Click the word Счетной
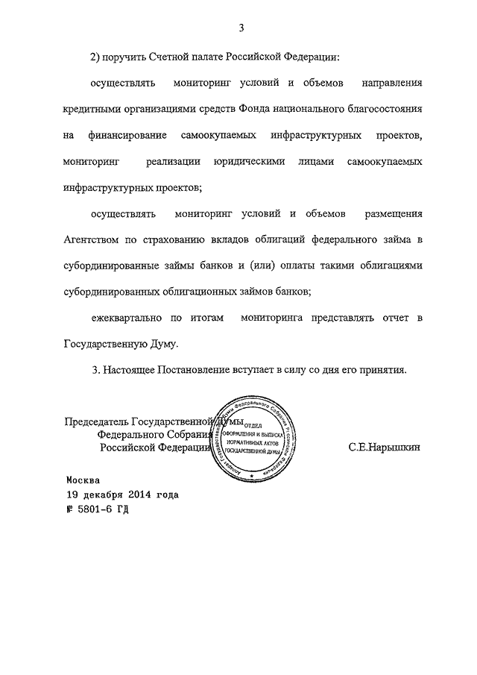pyautogui.click(x=172, y=56)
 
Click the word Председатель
pyautogui.click(x=96, y=421)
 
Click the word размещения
pyautogui.click(x=394, y=215)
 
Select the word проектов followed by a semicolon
pyautogui.click(x=177, y=188)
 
